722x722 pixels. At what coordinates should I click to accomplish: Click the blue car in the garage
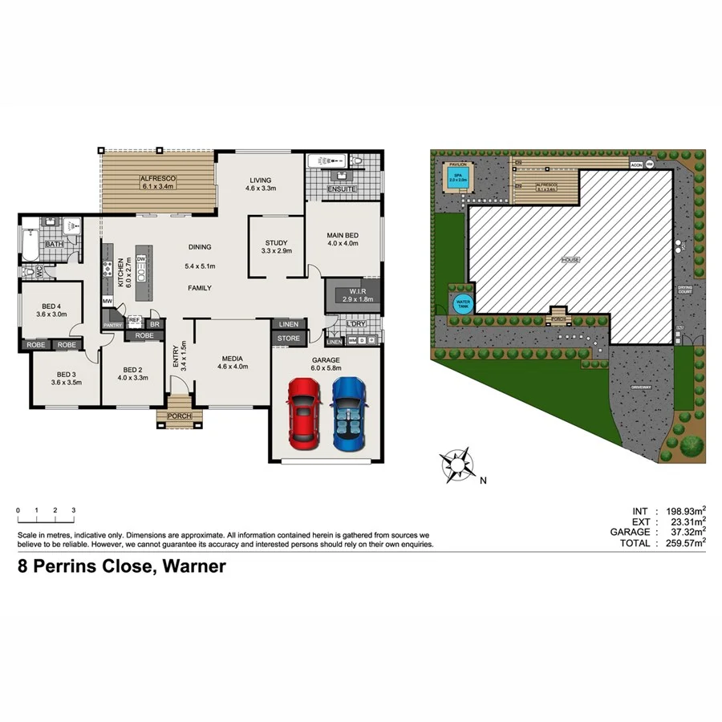(347, 414)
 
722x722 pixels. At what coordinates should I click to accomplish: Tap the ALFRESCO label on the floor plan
(157, 179)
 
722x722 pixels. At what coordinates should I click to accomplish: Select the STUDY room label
(275, 242)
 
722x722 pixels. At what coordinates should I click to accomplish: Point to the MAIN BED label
(343, 236)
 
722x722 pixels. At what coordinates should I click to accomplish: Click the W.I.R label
(353, 292)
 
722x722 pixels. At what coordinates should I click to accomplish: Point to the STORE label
(288, 339)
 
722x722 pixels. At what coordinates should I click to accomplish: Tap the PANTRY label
(112, 326)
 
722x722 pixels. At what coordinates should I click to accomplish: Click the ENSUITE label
(343, 189)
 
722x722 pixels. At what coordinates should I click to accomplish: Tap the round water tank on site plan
(463, 303)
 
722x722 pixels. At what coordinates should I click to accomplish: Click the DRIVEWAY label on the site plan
(640, 387)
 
